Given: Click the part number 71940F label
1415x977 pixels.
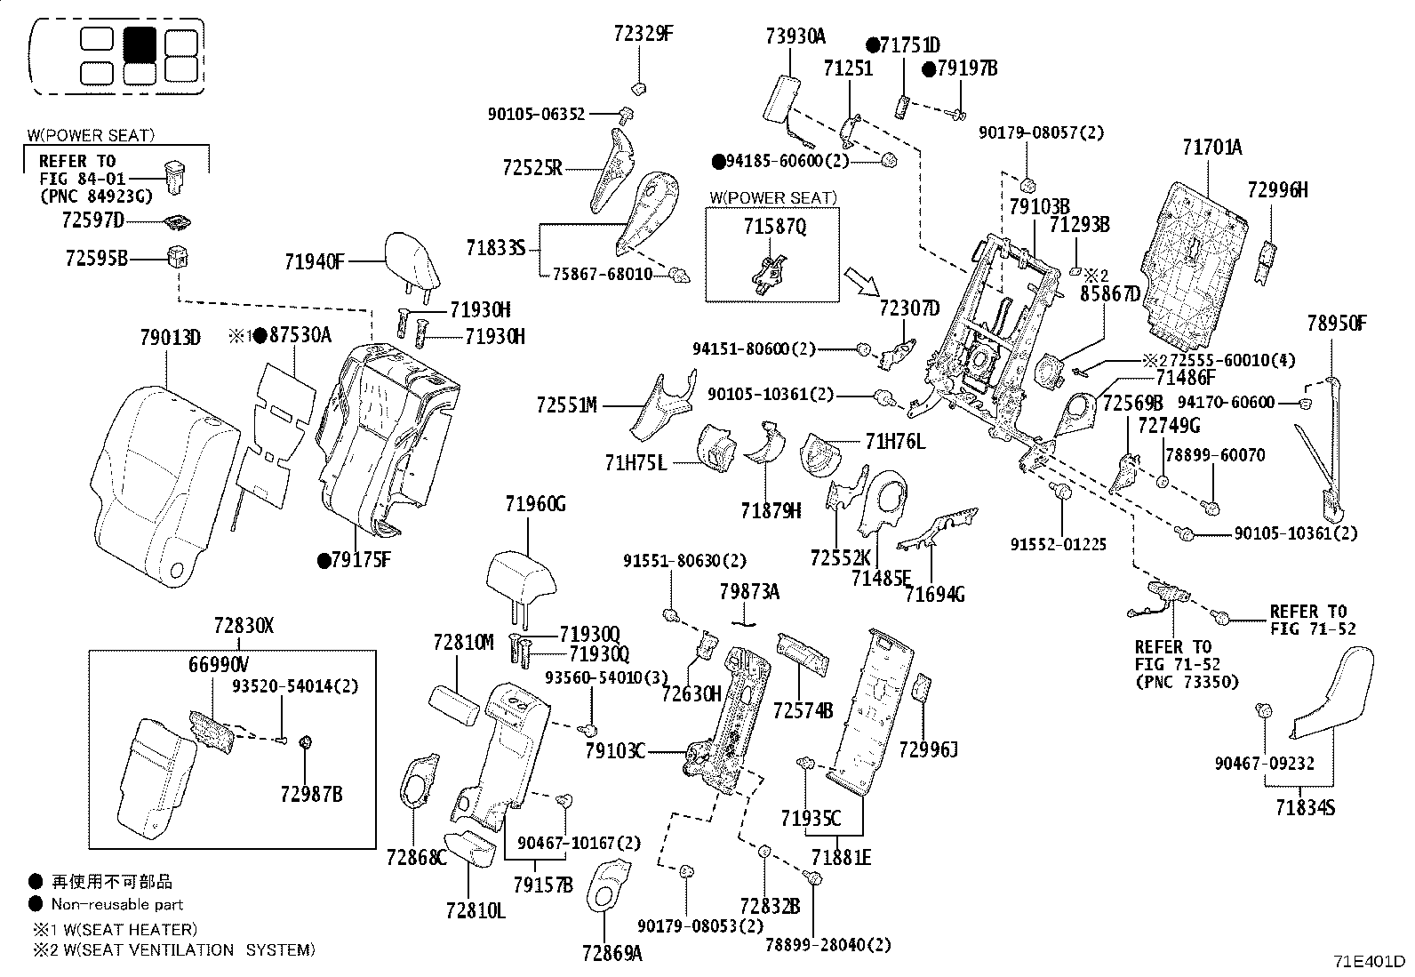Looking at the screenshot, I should pos(314,261).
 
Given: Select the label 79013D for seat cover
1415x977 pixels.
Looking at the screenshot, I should pos(171,338).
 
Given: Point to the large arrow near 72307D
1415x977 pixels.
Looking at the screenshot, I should pos(861,282).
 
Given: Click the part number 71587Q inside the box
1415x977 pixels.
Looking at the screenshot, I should pos(774,227).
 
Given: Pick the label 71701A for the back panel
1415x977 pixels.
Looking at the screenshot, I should pos(1212,148).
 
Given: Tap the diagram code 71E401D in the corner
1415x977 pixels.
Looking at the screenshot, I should pos(1369,962).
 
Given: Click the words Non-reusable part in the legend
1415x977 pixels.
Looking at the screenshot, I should pos(117,905).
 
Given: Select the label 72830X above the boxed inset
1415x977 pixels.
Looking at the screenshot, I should pos(244,627).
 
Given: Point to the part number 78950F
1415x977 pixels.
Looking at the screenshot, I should pos(1337,323).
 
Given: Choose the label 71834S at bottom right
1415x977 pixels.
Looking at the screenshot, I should pos(1305,807).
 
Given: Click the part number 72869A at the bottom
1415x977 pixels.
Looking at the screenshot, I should pos(612,953).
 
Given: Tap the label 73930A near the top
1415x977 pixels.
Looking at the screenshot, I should pos(795,36).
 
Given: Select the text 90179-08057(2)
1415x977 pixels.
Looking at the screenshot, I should pos(1041,132).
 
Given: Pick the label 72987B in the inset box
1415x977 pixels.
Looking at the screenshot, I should pos(312,794).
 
